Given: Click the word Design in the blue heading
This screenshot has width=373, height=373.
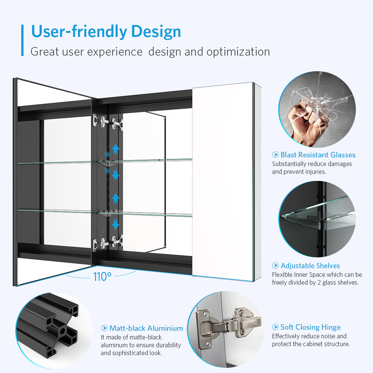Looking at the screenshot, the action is coord(156,32).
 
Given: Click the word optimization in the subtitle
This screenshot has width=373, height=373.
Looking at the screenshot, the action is coord(238,52).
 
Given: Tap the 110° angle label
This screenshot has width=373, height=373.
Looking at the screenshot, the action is coord(102,277).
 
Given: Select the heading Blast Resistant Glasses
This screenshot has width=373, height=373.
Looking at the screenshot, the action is coord(318,155).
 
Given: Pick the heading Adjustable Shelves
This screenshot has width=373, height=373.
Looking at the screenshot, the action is coord(310,266).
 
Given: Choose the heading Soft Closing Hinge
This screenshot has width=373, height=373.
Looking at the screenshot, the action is coord(310,327).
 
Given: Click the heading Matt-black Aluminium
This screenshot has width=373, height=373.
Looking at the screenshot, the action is coord(146,328).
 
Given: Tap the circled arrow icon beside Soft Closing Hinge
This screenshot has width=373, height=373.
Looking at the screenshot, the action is coord(276,327).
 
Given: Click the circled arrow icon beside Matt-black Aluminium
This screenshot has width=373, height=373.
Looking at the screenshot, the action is coord(104,328).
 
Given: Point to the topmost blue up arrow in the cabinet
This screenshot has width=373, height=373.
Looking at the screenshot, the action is coord(116,149).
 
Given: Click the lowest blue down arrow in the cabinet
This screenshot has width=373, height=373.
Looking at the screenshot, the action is coord(116,224).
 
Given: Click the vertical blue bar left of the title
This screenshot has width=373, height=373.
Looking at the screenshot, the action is coord(22,40).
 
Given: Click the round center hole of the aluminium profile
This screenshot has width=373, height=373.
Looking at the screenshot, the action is coord(63,331).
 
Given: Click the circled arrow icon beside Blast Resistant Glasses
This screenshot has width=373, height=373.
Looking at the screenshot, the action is coord(276,155).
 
